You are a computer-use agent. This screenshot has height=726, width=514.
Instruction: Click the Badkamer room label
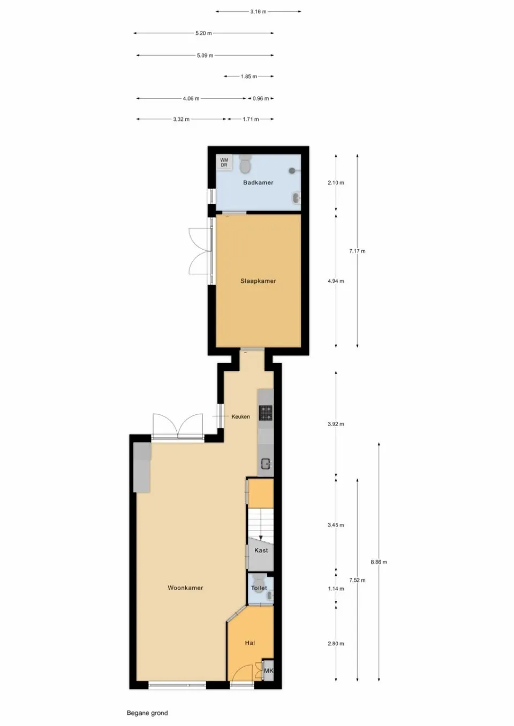pyautogui.click(x=258, y=183)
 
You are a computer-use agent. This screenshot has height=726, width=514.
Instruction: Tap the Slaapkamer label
pyautogui.click(x=258, y=281)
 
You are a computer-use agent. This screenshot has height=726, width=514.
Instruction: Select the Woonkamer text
pyautogui.click(x=185, y=588)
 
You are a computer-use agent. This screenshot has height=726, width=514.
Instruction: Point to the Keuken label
pyautogui.click(x=240, y=417)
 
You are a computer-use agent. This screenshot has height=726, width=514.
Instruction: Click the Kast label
pyautogui.click(x=261, y=551)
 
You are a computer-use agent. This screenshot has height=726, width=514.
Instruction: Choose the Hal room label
pyautogui.click(x=250, y=643)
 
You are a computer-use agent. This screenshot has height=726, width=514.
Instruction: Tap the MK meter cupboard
pyautogui.click(x=268, y=671)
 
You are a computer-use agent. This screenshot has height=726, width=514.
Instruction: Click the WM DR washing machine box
pyautogui.click(x=224, y=163)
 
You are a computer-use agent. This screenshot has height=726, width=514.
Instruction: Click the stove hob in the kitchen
pyautogui.click(x=266, y=412)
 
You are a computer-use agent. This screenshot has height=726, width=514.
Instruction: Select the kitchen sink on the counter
pyautogui.click(x=266, y=464)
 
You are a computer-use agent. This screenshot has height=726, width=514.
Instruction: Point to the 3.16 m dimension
pyautogui.click(x=258, y=12)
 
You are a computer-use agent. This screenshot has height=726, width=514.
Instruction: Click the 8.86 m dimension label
pyautogui.click(x=379, y=562)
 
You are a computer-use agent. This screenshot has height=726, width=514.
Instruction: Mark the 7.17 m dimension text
pyautogui.click(x=357, y=251)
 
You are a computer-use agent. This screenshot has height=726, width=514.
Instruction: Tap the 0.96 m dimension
pyautogui.click(x=261, y=99)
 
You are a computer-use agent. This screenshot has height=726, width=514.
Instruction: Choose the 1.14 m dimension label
pyautogui.click(x=336, y=589)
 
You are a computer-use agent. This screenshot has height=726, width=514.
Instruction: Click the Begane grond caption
pyautogui.click(x=147, y=713)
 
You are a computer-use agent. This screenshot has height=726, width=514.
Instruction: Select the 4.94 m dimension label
pyautogui.click(x=336, y=281)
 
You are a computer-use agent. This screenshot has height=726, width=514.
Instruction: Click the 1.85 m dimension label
pyautogui.click(x=248, y=77)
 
